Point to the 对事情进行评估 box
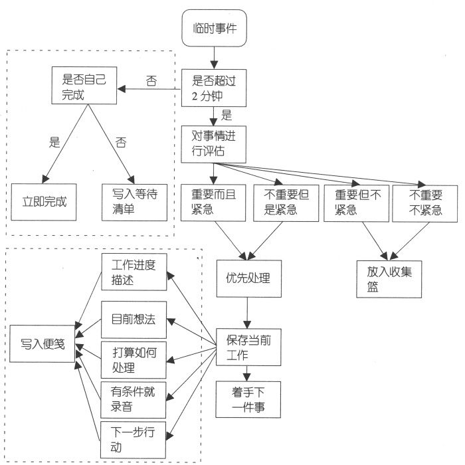pos(215,143)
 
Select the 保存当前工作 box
pos(246,346)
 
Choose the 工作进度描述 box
pos(134,271)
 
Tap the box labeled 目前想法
pos(134,318)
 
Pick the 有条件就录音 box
pos(134,397)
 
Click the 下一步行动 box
pos(133,438)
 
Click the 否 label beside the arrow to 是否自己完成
pos(151,81)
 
